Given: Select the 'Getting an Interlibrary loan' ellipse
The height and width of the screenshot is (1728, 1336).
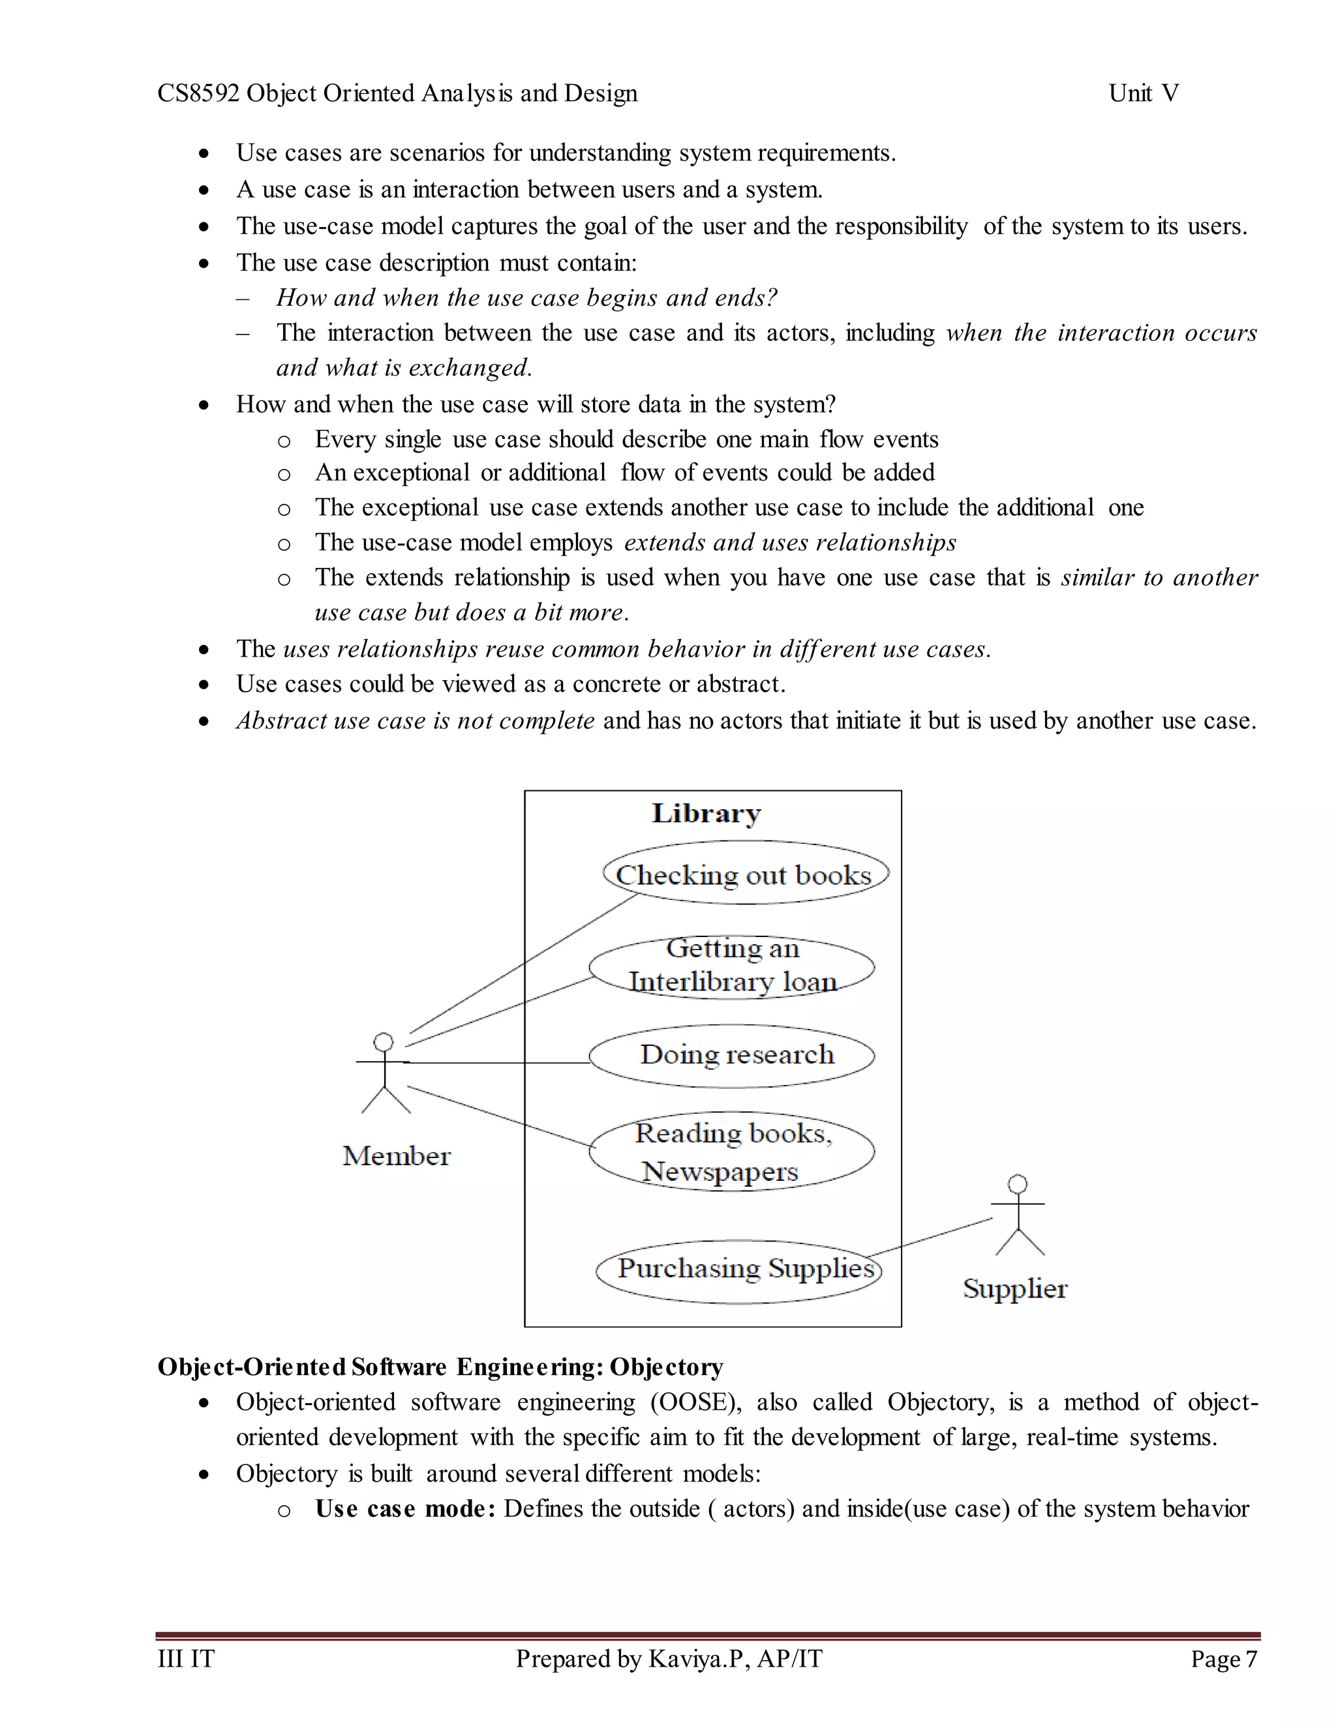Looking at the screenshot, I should click(732, 966).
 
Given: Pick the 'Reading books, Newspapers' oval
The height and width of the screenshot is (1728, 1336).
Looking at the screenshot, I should click(732, 1150).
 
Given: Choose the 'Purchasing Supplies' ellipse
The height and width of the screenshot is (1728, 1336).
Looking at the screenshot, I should click(738, 1271).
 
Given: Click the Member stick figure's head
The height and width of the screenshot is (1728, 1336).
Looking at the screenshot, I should click(384, 1041).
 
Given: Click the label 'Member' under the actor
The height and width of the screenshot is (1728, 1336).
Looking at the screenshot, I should click(397, 1156).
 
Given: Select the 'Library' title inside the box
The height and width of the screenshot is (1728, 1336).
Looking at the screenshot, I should click(706, 813).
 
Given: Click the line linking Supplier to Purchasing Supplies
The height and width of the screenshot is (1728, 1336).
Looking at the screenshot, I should click(930, 1236).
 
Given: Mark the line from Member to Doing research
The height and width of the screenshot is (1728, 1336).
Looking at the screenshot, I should click(498, 1063).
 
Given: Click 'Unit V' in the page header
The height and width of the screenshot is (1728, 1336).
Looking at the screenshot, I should click(1143, 93).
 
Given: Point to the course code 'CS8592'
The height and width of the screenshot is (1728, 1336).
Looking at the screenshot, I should click(198, 93).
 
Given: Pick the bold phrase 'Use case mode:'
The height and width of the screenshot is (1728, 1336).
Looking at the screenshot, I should click(405, 1509).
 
